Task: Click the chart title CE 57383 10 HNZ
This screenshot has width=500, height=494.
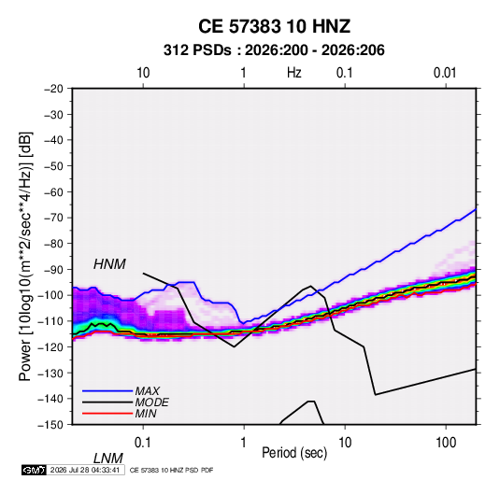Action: pos(274,26)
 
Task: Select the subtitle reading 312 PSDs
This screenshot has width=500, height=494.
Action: pos(197,50)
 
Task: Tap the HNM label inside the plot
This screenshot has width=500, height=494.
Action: pos(109,264)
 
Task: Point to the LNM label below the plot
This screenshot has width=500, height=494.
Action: pos(107,459)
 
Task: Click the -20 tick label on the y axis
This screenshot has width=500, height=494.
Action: pos(53,89)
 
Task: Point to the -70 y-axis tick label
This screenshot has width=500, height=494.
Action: pos(53,218)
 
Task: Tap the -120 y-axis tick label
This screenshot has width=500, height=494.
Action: pos(50,346)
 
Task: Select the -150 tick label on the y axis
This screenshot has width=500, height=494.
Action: pos(50,425)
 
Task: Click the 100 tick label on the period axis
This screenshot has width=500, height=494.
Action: pos(446,443)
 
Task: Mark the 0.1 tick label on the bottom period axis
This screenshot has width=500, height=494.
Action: pos(143,443)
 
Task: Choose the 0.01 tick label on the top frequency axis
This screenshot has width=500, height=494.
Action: pos(445,73)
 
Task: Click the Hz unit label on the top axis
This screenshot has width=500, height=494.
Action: pos(294,73)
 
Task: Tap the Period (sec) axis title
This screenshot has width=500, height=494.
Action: pos(294,453)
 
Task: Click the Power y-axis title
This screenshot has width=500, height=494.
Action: pos(25,257)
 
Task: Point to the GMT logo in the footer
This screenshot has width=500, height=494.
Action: pos(35,470)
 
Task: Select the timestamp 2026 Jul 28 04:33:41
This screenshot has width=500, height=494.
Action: pos(85,470)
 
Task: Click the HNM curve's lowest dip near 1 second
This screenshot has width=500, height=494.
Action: pos(234,346)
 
